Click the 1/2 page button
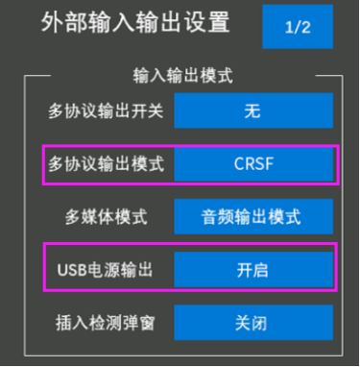pyautogui.click(x=298, y=27)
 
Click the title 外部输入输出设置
pyautogui.click(x=135, y=22)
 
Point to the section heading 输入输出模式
pyautogui.click(x=182, y=76)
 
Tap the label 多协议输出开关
pyautogui.click(x=106, y=111)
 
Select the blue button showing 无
pyautogui.click(x=253, y=110)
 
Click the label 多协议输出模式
pyautogui.click(x=106, y=163)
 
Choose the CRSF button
pyautogui.click(x=253, y=163)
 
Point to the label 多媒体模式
pyautogui.click(x=106, y=217)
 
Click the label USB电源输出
pyautogui.click(x=105, y=270)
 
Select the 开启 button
pyautogui.click(x=253, y=270)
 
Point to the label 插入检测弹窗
pyautogui.click(x=106, y=323)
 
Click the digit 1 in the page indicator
pyautogui.click(x=289, y=27)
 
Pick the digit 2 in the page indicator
pyautogui.click(x=305, y=27)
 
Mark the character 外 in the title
pyautogui.click(x=52, y=22)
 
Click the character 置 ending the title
pyautogui.click(x=219, y=22)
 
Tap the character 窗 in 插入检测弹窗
pyautogui.click(x=147, y=323)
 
